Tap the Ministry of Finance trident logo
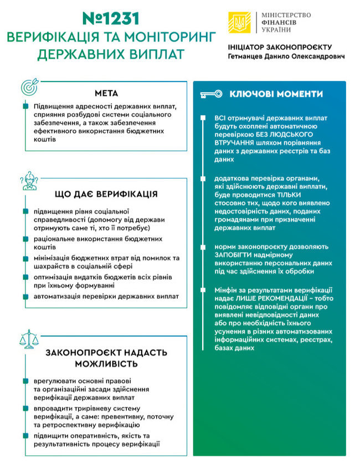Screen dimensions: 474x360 coord(239,22)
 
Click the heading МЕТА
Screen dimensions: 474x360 coord(106,93)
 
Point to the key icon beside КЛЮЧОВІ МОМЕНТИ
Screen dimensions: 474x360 coord(210,94)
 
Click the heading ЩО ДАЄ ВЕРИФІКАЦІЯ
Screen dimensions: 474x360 coord(106,194)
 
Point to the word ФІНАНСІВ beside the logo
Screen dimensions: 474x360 coord(280,22)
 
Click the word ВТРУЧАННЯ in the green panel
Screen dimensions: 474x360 coord(235,142)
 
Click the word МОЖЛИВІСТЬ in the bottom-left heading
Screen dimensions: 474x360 coord(106,364)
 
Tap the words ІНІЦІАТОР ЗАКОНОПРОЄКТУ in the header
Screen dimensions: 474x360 coord(280,47)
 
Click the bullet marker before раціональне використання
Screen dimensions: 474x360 coord(26,238)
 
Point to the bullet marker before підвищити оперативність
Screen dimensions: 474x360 coord(26,436)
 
